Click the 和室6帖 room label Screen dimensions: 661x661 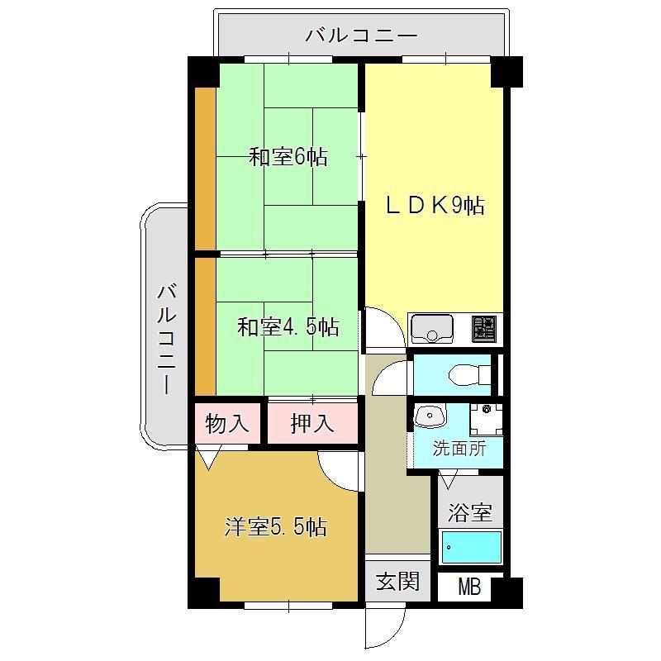click(288, 157)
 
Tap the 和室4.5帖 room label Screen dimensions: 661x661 click(288, 326)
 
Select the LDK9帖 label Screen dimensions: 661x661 click(435, 205)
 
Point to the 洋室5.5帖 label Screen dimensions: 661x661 click(276, 527)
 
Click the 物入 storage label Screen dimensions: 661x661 click(226, 423)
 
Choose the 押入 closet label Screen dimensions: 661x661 click(312, 423)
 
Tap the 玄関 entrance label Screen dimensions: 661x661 click(397, 582)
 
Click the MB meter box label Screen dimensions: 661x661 click(469, 587)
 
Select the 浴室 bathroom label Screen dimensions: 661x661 click(470, 511)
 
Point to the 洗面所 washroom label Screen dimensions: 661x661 click(459, 449)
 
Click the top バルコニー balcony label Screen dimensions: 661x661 click(361, 36)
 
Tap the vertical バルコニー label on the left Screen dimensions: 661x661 click(167, 340)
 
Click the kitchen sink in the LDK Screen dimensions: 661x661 click(432, 329)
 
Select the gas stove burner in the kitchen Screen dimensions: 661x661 click(483, 329)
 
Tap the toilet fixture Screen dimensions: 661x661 click(470, 375)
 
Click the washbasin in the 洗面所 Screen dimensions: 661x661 click(430, 416)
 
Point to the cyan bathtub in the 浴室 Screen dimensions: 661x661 click(471, 547)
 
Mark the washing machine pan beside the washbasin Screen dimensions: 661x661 click(487, 420)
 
